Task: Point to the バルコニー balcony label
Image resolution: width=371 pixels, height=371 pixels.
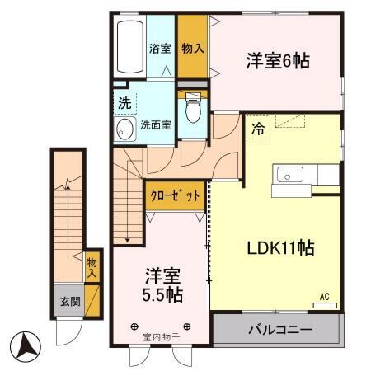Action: click(x=276, y=331)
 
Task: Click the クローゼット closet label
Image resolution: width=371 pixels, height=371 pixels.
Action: click(x=175, y=196)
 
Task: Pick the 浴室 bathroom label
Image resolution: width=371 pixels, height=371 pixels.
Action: click(x=159, y=48)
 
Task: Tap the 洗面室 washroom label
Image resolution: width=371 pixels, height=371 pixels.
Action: click(x=155, y=126)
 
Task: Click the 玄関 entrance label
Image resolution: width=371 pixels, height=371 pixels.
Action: click(x=68, y=303)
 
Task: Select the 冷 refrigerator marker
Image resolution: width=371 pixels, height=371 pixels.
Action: click(x=258, y=129)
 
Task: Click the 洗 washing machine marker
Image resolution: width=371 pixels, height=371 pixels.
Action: click(x=124, y=105)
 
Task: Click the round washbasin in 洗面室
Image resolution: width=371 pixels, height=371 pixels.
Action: click(x=126, y=129)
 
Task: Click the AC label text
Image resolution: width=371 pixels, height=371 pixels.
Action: click(x=325, y=295)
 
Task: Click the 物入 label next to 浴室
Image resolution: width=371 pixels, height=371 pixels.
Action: click(x=192, y=48)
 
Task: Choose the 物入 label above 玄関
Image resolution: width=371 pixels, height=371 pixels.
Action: click(x=92, y=267)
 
